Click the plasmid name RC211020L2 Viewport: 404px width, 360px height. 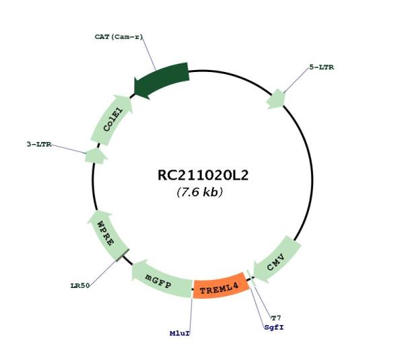(203, 176)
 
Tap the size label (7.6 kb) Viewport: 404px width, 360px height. (200, 192)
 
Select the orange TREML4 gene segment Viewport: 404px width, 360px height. (221, 287)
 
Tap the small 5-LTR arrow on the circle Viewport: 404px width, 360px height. (276, 99)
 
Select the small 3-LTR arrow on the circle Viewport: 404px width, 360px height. (96, 156)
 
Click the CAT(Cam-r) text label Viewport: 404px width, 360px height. (119, 37)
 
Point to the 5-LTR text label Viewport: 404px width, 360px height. (322, 67)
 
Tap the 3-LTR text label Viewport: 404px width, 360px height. (39, 144)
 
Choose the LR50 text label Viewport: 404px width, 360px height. (80, 285)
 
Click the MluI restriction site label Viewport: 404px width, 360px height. (180, 334)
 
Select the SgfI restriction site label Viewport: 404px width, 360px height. (274, 328)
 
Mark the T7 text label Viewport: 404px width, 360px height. (276, 318)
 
